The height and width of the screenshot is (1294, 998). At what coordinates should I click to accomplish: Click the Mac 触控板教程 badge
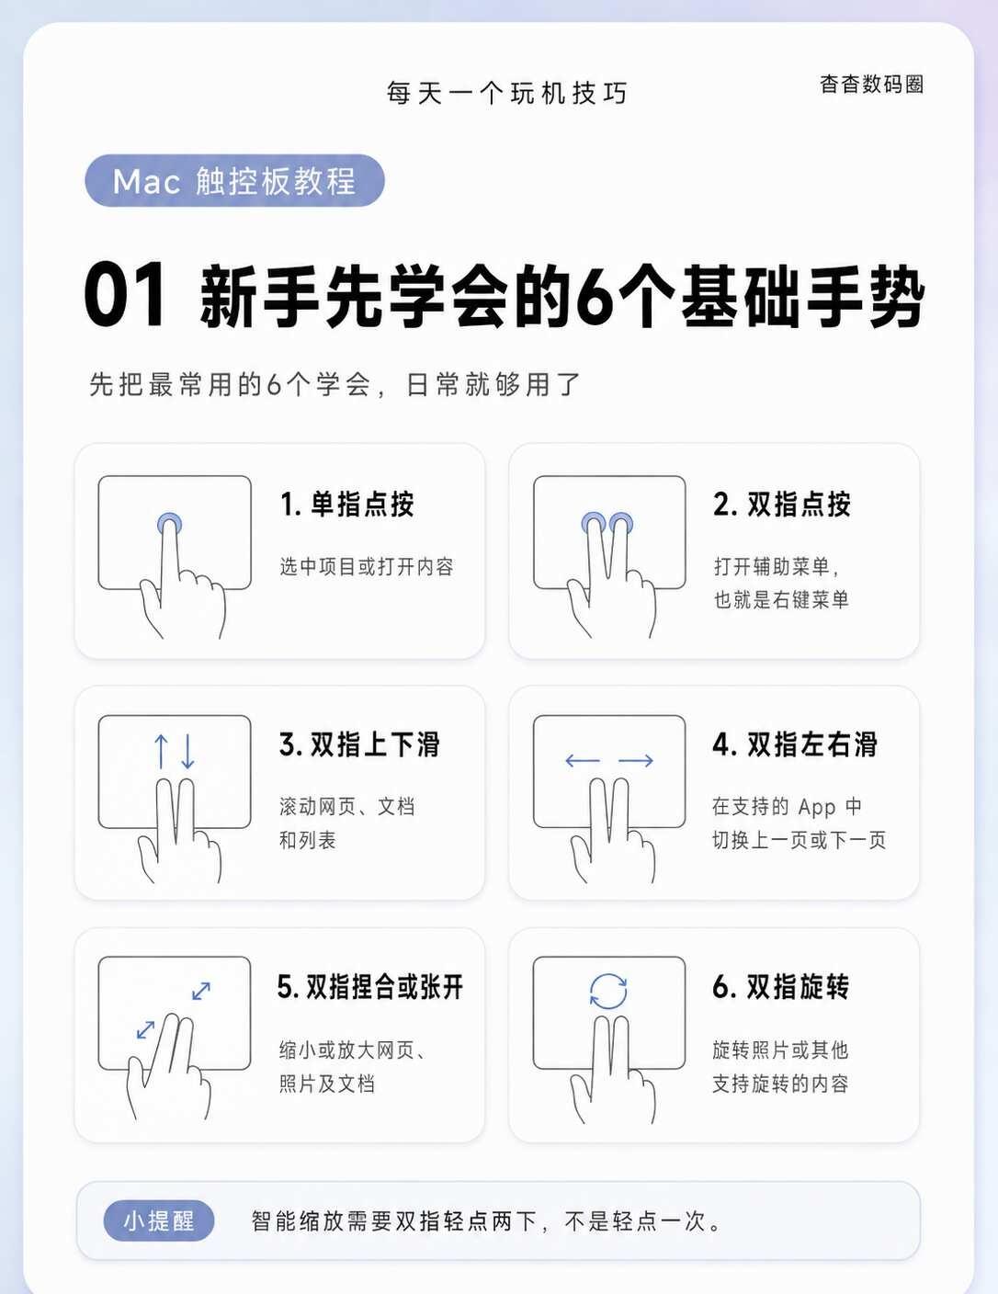[x=234, y=180]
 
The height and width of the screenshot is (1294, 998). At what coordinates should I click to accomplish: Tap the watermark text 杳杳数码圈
[x=871, y=84]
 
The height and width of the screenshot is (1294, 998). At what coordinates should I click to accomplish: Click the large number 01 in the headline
[x=125, y=295]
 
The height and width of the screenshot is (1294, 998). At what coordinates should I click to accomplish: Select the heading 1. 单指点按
[x=347, y=505]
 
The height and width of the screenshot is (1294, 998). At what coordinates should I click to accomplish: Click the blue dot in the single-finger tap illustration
[x=169, y=524]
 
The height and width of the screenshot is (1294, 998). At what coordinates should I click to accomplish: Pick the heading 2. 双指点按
[x=782, y=505]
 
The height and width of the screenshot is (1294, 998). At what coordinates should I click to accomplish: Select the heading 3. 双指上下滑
[x=359, y=744]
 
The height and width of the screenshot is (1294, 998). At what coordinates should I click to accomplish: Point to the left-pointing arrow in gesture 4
[x=583, y=760]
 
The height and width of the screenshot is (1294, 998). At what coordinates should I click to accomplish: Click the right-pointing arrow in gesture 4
[x=636, y=760]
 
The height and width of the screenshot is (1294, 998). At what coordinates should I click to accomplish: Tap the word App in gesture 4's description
[x=817, y=808]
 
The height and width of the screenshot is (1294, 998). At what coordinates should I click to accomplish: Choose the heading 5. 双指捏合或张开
[x=369, y=987]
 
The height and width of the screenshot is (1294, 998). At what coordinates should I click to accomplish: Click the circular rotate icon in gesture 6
[x=608, y=992]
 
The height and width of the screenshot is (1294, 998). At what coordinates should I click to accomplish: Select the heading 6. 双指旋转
[x=780, y=987]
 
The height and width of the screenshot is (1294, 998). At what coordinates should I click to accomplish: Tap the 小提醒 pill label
[x=158, y=1221]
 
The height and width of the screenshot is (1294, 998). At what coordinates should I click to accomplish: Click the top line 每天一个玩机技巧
[x=506, y=94]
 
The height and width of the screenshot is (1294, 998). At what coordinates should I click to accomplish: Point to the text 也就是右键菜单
[x=781, y=599]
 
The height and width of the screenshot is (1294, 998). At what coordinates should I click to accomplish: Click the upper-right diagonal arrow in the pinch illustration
[x=201, y=991]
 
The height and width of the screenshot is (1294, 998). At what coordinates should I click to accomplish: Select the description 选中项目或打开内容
[x=367, y=566]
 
